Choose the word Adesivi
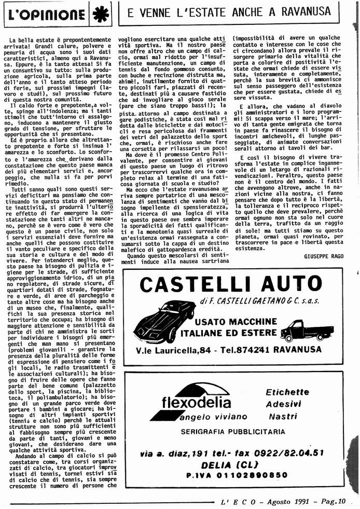[x=283, y=404]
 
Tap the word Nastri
[x=283, y=417]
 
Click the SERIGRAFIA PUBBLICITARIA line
[x=233, y=431]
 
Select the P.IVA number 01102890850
[x=236, y=474]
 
